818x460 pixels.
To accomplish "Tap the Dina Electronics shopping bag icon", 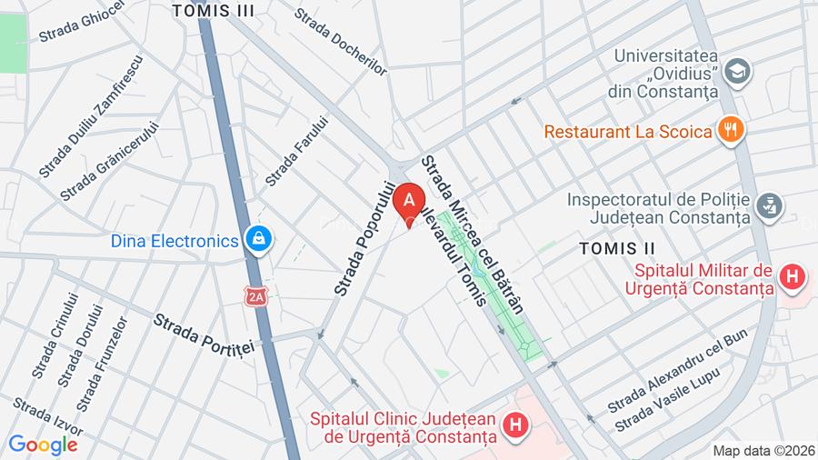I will pos(259,240).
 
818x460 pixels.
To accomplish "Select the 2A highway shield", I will pos(257,295).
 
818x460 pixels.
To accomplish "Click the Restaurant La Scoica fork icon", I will pos(729,131).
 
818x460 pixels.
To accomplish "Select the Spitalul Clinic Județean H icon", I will pos(515,425).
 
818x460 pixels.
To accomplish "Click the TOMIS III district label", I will pos(214,11).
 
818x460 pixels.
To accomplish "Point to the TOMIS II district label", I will pos(617,248).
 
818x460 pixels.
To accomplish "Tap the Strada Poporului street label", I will pos(365,238).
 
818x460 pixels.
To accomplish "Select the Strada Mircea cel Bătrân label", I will pos(473,234).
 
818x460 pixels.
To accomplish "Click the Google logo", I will pos(42,445).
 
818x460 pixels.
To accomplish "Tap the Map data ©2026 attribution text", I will pos(762,450).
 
